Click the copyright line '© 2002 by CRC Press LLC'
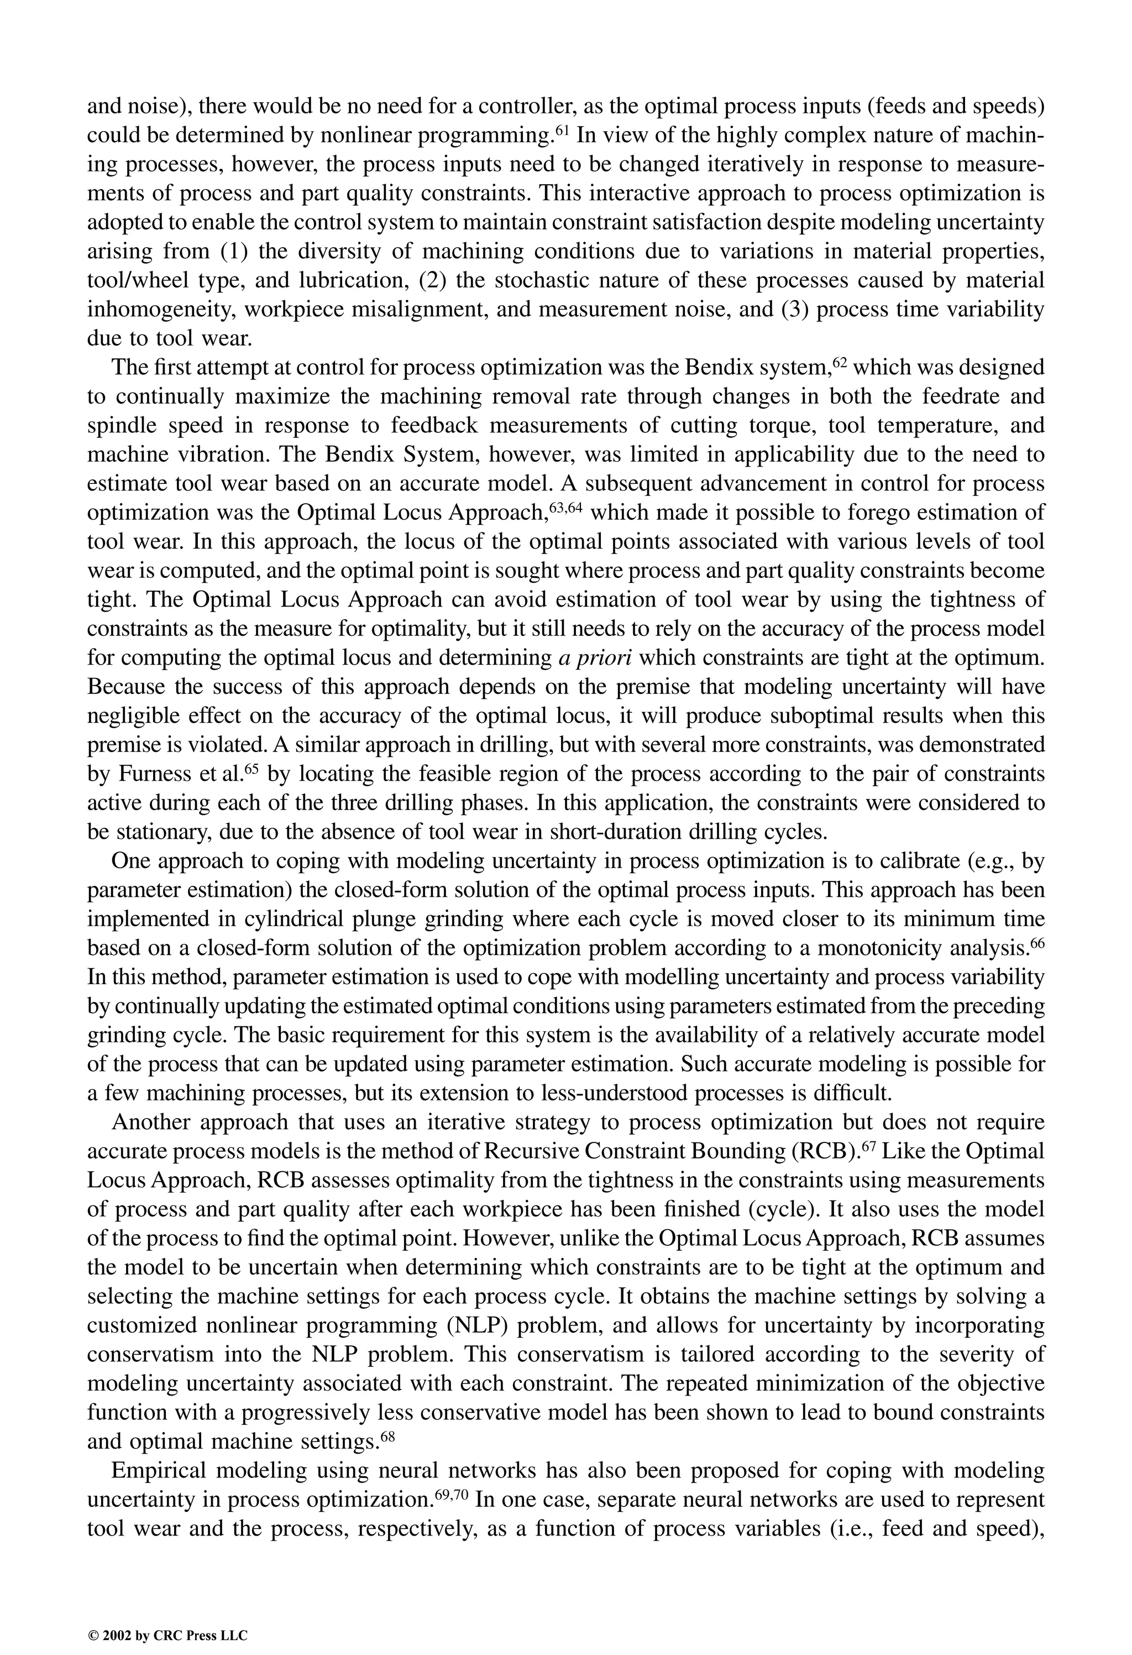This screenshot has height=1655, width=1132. click(x=167, y=1615)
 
